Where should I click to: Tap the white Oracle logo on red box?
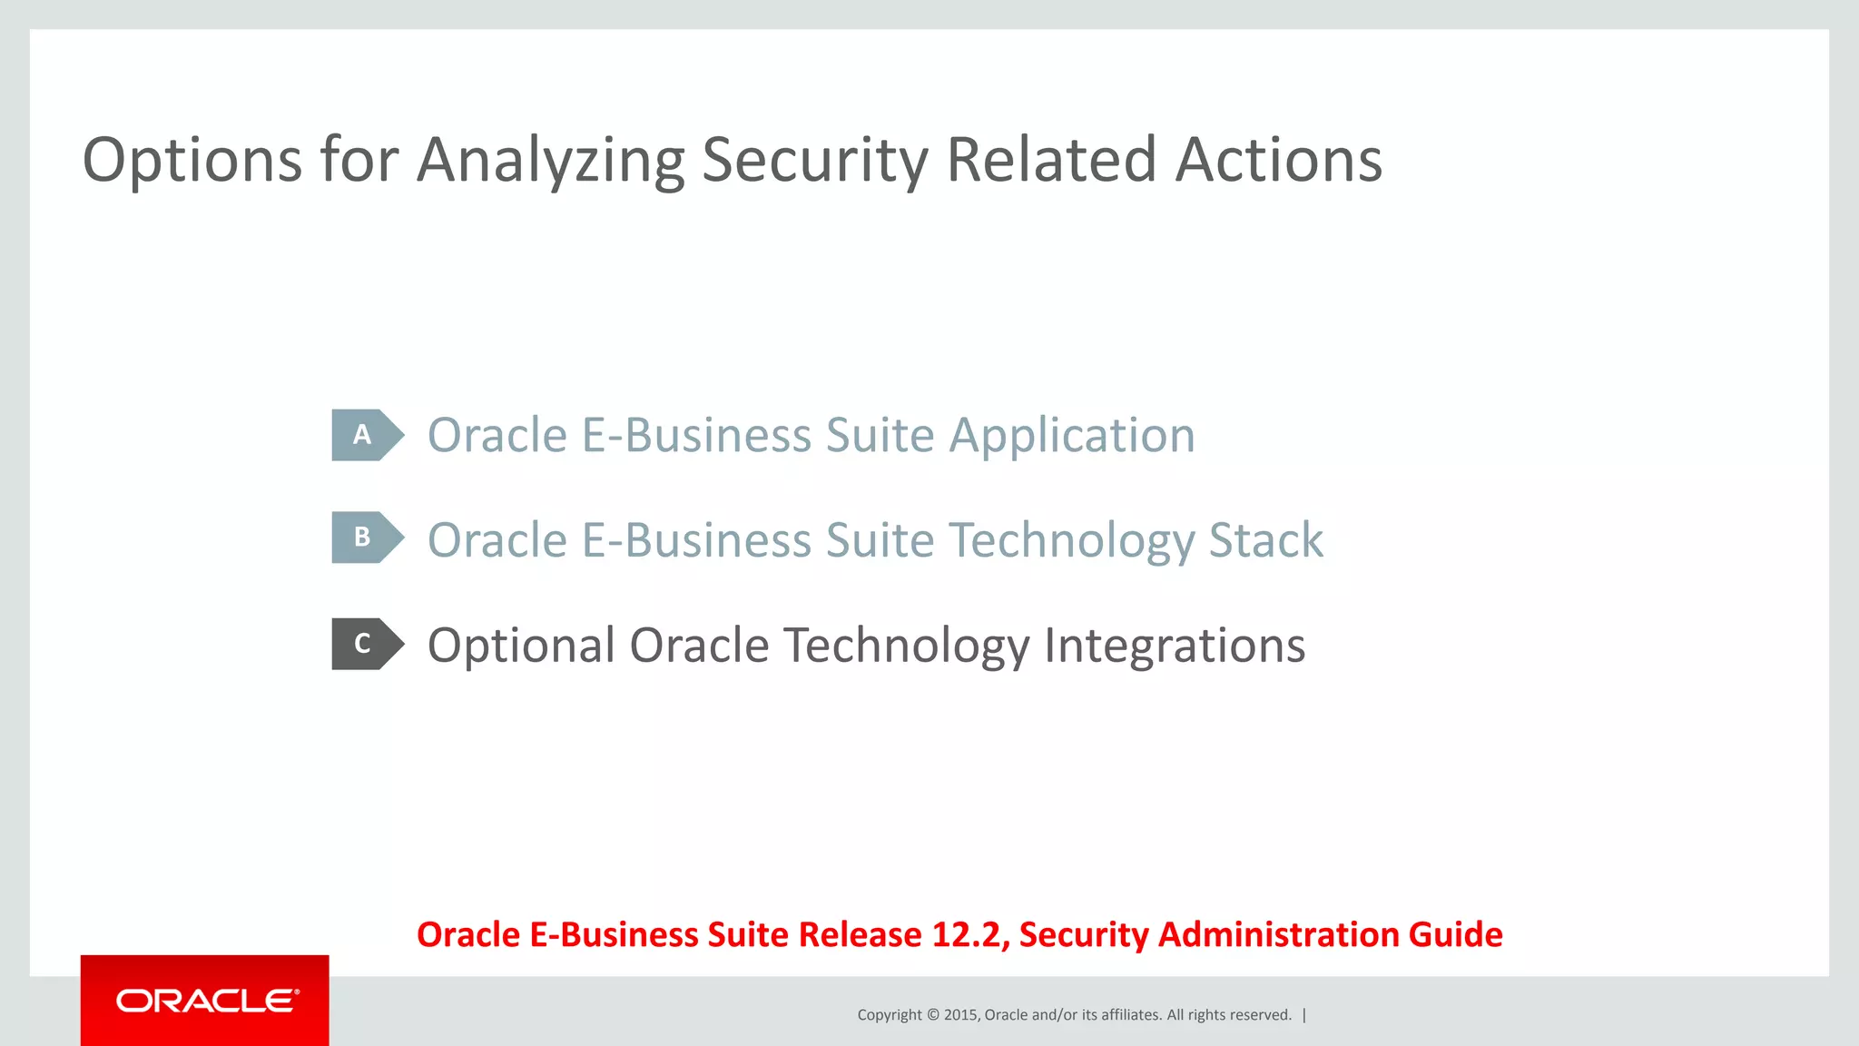206,1001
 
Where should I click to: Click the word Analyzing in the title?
550,162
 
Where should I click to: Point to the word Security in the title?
815,162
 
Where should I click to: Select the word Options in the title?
192,162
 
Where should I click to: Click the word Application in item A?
1072,437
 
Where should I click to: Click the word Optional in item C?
521,646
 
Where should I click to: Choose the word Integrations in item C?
1174,647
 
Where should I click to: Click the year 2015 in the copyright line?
960,1015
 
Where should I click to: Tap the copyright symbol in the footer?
932,1015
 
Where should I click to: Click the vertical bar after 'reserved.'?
1304,1015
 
